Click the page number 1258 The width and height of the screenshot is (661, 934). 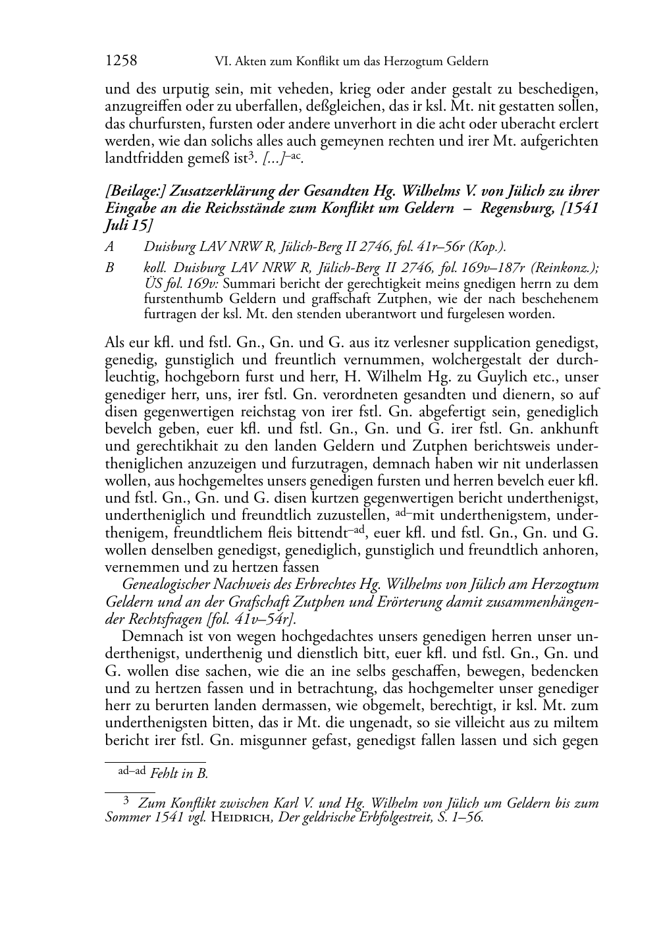(121, 61)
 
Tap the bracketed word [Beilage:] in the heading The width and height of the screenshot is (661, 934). (135, 192)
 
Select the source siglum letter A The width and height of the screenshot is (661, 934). (109, 247)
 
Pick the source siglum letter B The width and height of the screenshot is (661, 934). (109, 268)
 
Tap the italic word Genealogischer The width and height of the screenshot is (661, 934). (171, 584)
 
